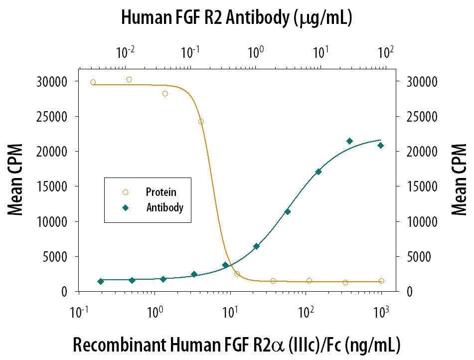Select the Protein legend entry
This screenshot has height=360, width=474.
click(160, 192)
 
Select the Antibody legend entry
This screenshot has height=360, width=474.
click(164, 207)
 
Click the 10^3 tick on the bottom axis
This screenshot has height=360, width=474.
click(382, 313)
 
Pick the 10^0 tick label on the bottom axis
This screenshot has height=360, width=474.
click(156, 313)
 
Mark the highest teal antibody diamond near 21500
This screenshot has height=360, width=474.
click(349, 141)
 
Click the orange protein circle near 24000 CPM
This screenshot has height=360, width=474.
click(201, 122)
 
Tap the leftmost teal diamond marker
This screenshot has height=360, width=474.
click(101, 281)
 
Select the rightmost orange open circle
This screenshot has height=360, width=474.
click(381, 281)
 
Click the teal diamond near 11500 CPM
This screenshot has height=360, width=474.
click(287, 211)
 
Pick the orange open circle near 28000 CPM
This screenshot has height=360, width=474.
click(165, 93)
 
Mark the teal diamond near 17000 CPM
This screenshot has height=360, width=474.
click(318, 172)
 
